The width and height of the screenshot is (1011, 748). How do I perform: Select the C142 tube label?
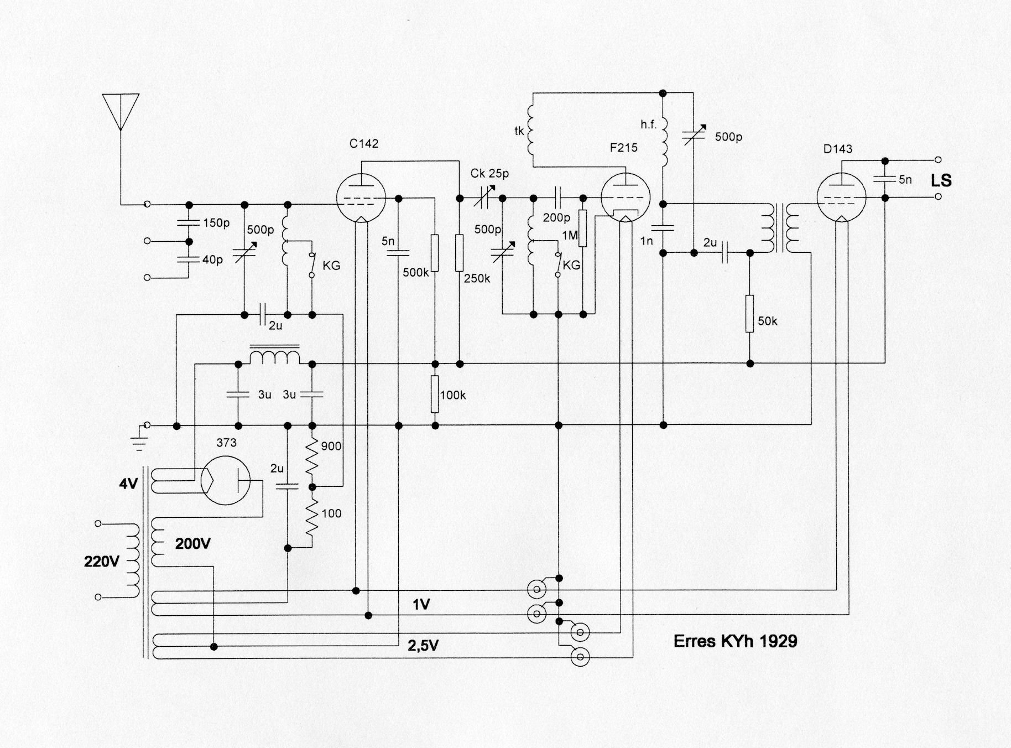coord(364,144)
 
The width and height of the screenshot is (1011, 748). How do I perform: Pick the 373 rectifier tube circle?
coord(225,480)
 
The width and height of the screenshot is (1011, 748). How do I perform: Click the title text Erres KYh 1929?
coord(735,641)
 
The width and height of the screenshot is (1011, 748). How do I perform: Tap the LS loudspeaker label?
coord(941,180)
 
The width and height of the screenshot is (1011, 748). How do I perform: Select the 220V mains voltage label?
coord(101,562)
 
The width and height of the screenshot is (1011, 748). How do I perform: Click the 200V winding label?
coord(192,544)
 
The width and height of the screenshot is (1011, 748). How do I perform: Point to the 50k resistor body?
coord(749,314)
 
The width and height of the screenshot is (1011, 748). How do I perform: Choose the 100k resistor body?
coord(435,394)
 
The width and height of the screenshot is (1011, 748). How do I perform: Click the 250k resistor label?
coord(477,278)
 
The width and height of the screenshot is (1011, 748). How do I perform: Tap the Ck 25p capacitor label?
coord(489,173)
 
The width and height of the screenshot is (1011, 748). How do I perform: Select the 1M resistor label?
coord(570,235)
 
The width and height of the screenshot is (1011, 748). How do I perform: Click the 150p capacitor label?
coord(216,223)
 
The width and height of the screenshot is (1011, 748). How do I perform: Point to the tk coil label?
coord(519,131)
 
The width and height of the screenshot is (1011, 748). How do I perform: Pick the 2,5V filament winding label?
coord(423,646)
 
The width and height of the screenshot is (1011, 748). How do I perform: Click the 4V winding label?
coord(128,484)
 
